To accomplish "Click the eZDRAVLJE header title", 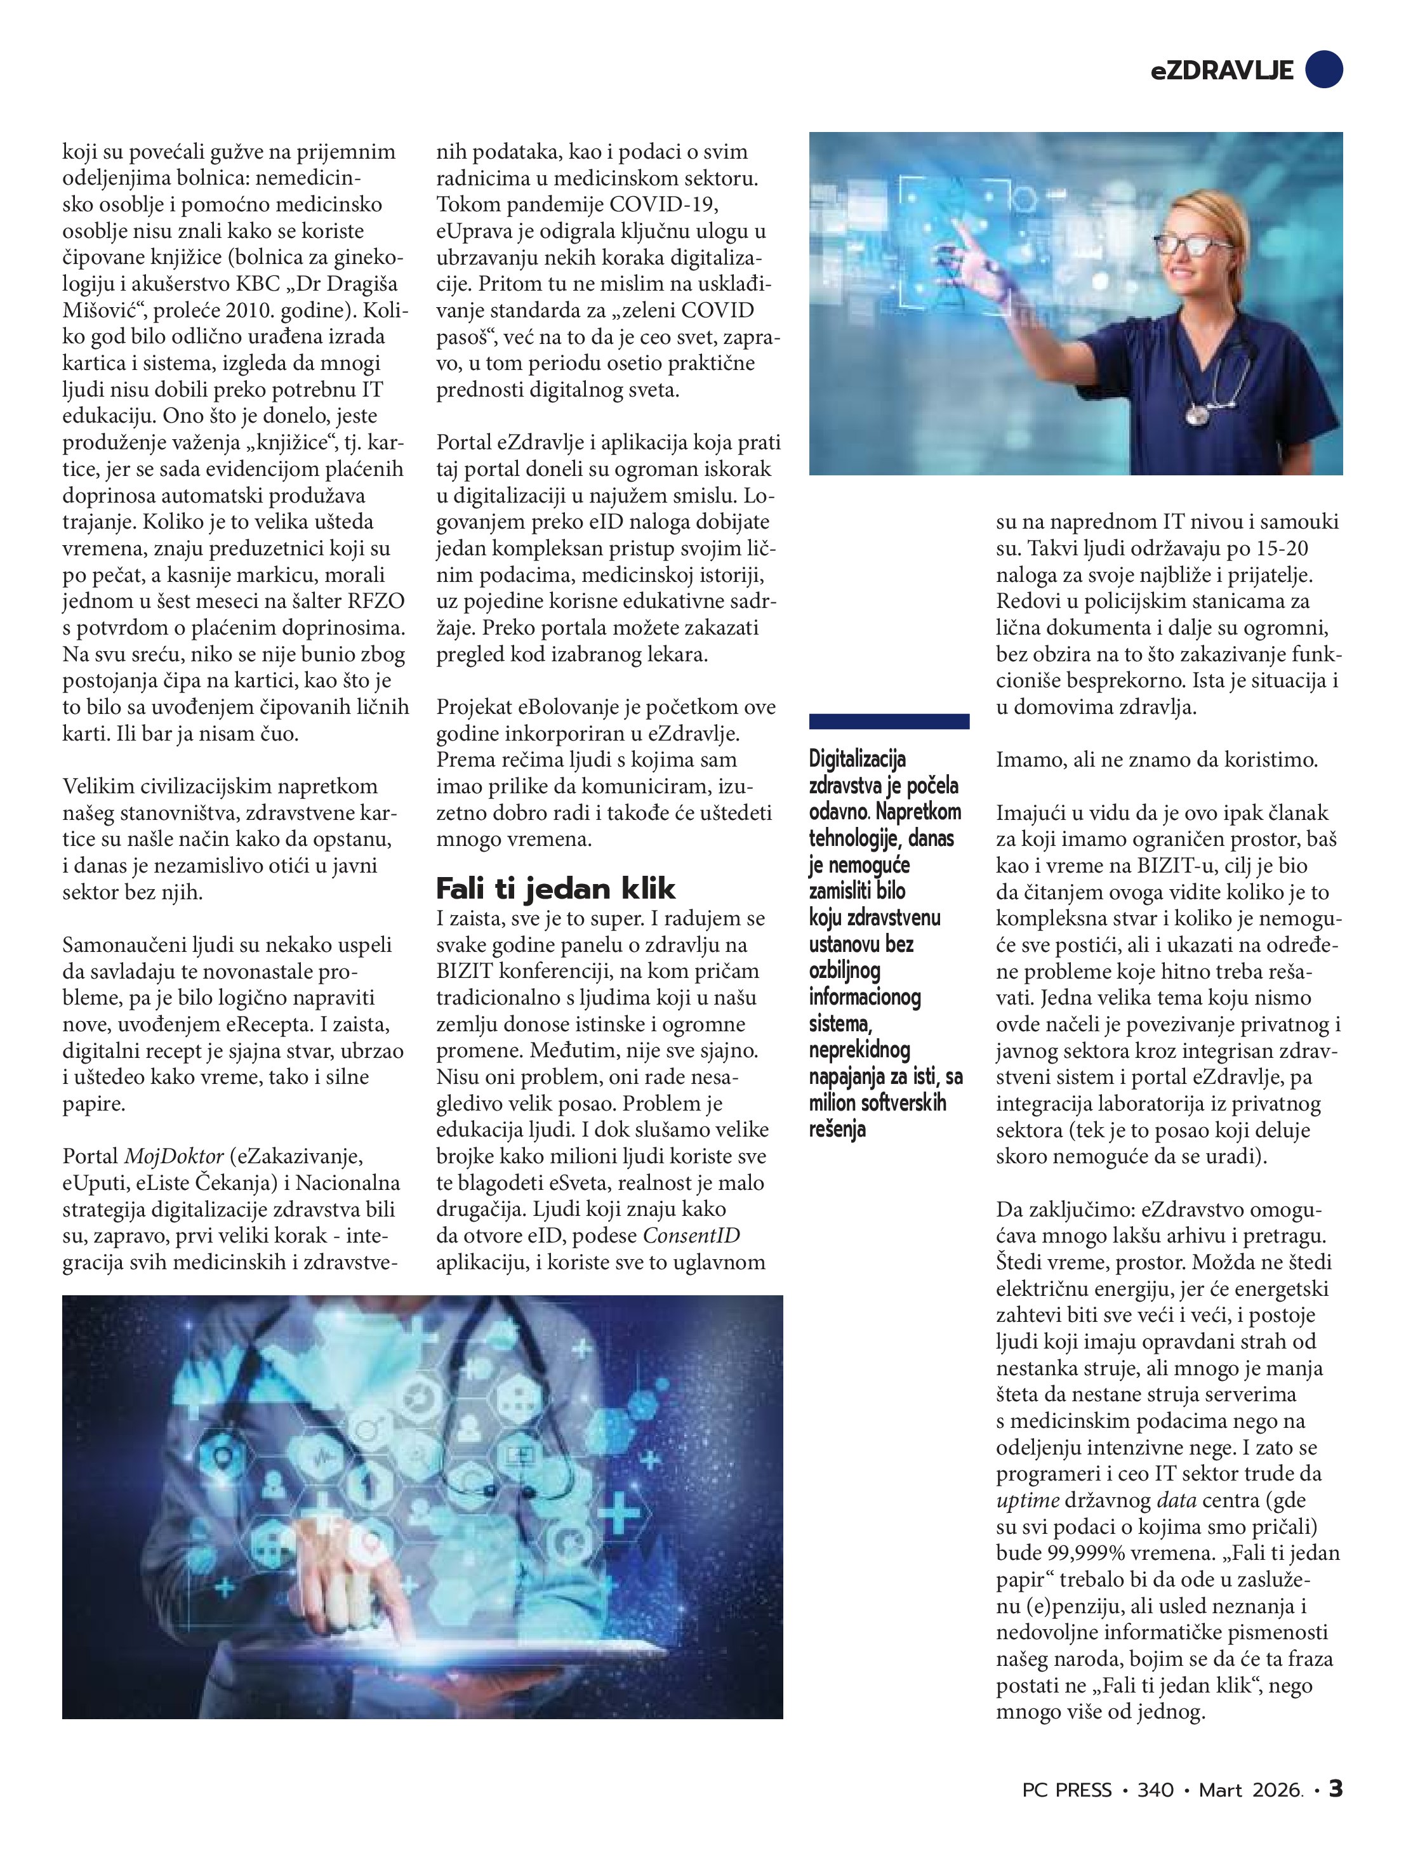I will pos(1221,71).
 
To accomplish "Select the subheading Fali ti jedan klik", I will pos(555,888).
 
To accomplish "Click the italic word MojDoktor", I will pos(174,1156).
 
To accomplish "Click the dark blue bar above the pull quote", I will pos(889,721).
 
